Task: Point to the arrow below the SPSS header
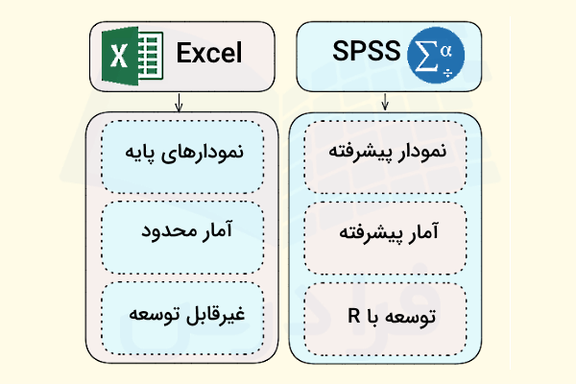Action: tap(385, 102)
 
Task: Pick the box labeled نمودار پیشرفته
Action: tap(386, 151)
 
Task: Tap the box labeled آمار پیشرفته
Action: tap(386, 233)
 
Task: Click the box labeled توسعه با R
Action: tap(386, 315)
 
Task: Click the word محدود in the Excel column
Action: tap(163, 233)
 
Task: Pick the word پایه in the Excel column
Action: tap(145, 151)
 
